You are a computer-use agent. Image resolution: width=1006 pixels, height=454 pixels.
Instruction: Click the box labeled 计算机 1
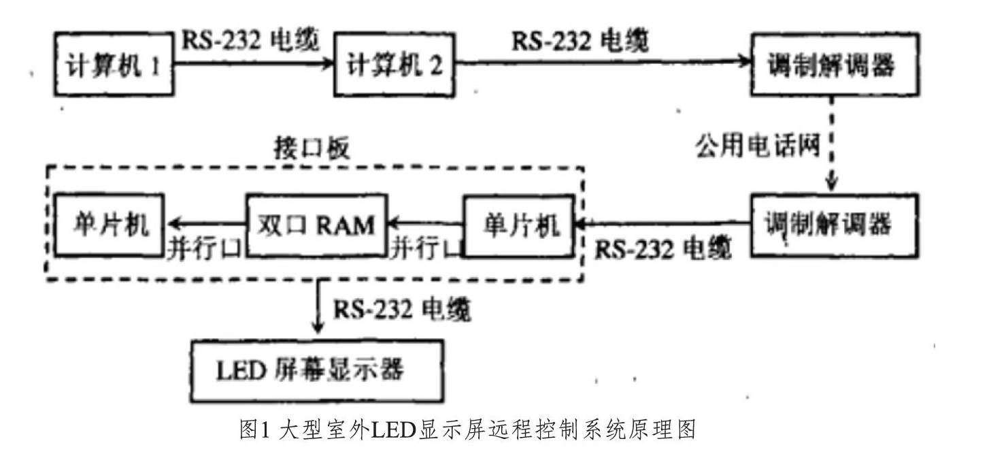tap(112, 65)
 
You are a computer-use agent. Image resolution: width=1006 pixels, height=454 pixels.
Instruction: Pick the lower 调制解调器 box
tap(834, 225)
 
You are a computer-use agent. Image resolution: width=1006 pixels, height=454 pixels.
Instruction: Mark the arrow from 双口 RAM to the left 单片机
tap(207, 223)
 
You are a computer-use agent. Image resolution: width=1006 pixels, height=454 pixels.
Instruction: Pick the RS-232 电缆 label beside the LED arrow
tap(402, 310)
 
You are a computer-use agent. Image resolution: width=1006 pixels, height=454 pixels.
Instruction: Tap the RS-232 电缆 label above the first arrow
tap(250, 41)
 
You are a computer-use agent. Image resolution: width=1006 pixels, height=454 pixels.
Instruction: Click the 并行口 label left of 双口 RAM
tap(204, 249)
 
